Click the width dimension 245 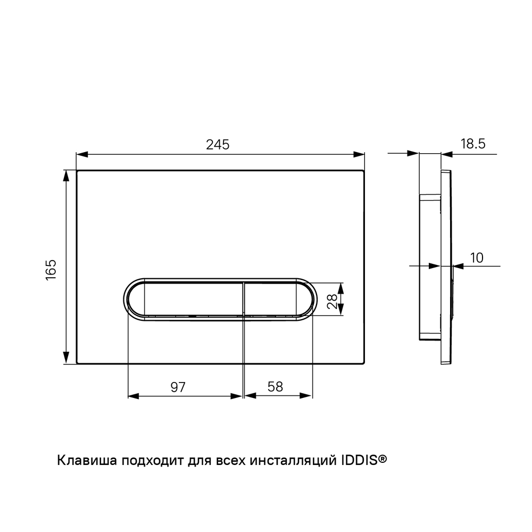(x=218, y=145)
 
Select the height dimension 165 (x=51, y=270)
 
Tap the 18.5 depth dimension (x=472, y=144)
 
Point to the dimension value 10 (x=477, y=258)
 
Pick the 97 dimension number (x=178, y=387)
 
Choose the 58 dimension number (x=275, y=387)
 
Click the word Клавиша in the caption (x=87, y=461)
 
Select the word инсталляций (x=293, y=461)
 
